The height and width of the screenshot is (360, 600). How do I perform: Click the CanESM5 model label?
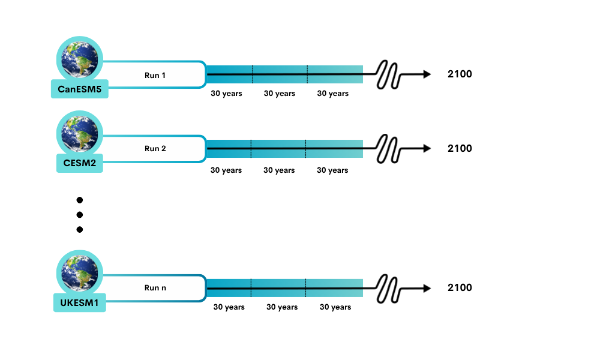tap(80, 89)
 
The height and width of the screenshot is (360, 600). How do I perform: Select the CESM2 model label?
tap(80, 163)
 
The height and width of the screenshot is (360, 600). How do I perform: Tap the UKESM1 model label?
tap(80, 302)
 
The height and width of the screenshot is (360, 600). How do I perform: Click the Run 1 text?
tap(155, 75)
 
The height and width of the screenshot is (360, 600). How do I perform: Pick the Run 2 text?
tap(155, 148)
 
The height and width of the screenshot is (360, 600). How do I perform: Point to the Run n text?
tap(155, 287)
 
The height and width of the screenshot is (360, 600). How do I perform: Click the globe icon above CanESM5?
tap(80, 59)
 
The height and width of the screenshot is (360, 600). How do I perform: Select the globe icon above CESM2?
tap(80, 133)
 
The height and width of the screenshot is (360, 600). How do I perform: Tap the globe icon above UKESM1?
tap(80, 272)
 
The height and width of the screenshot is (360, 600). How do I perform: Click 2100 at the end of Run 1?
tap(460, 74)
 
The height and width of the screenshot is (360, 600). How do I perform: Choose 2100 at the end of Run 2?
tap(460, 148)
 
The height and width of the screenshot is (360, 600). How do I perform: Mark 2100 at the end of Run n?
tap(460, 287)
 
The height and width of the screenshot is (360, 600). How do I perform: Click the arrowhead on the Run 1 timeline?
tap(427, 74)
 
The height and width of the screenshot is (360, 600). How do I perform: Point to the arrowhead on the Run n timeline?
tap(427, 288)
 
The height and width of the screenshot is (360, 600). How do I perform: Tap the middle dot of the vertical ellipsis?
tap(79, 215)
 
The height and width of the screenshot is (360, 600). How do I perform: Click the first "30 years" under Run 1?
tap(226, 94)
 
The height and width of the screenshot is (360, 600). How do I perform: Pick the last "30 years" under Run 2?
tap(332, 170)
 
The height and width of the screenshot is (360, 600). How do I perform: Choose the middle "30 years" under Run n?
tap(282, 307)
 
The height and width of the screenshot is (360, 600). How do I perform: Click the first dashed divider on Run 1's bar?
tap(252, 74)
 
